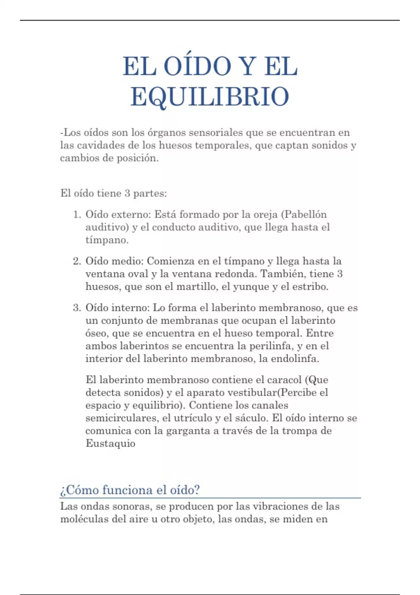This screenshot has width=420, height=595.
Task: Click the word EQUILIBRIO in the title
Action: click(210, 97)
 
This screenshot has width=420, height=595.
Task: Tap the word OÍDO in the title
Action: click(197, 66)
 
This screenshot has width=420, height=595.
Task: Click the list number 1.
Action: click(77, 215)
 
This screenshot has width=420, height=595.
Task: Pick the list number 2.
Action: click(77, 261)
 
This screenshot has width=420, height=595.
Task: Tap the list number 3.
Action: click(77, 308)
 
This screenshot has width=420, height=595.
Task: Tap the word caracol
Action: click(284, 380)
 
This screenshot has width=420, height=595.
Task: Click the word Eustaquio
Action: click(110, 444)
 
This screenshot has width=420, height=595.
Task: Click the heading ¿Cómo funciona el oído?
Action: click(130, 490)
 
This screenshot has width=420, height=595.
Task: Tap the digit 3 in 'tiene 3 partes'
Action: click(127, 193)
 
